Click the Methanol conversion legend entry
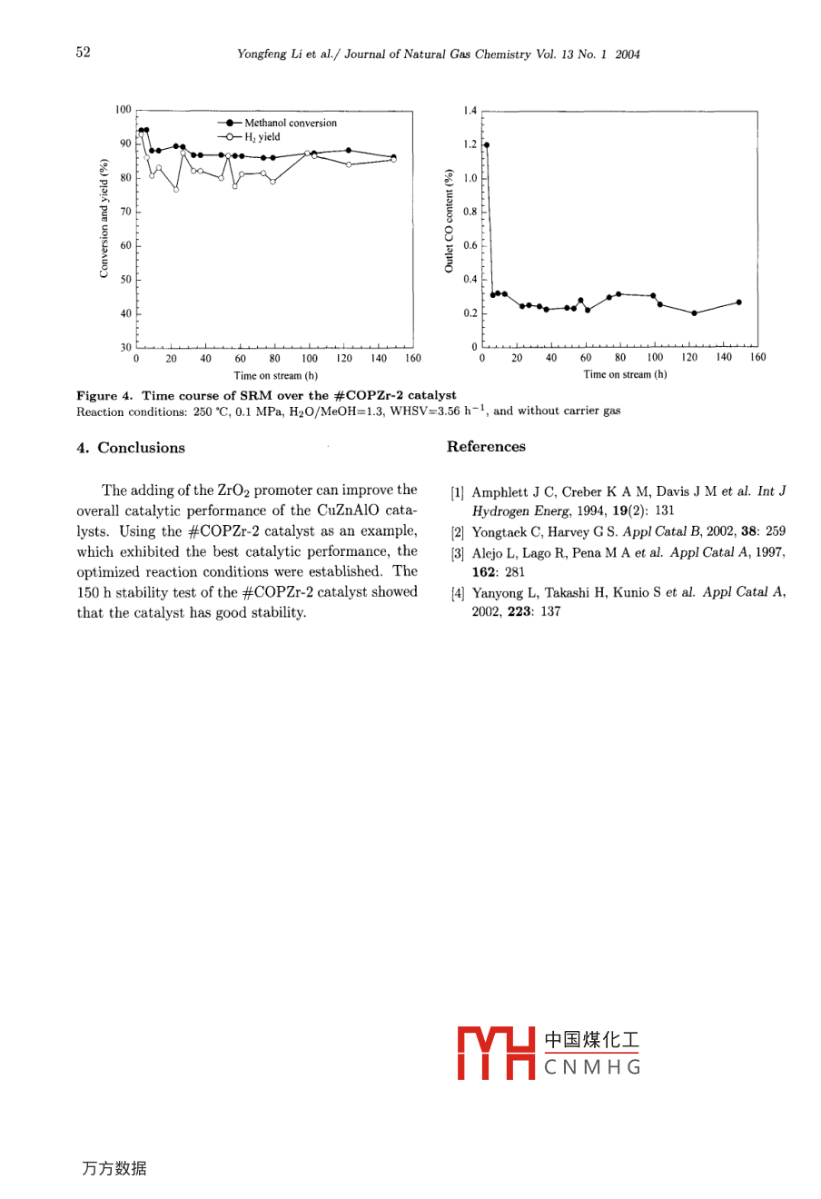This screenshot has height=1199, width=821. pyautogui.click(x=290, y=123)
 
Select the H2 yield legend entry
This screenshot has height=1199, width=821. pyautogui.click(x=262, y=137)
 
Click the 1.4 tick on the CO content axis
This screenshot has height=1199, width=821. pyautogui.click(x=470, y=110)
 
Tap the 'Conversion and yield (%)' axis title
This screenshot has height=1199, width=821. pyautogui.click(x=104, y=218)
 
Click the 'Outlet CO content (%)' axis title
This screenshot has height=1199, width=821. pyautogui.click(x=449, y=221)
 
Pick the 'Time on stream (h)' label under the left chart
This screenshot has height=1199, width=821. pyautogui.click(x=275, y=375)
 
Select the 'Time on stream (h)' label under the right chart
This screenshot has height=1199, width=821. pyautogui.click(x=625, y=374)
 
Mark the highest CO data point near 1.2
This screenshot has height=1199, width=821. pyautogui.click(x=487, y=144)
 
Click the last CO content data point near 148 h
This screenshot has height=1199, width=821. pyautogui.click(x=739, y=302)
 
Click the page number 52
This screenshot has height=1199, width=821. pyautogui.click(x=84, y=53)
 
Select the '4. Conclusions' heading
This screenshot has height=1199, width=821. pyautogui.click(x=131, y=448)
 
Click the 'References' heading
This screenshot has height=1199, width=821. pyautogui.click(x=486, y=447)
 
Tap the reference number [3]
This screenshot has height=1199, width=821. pyautogui.click(x=458, y=553)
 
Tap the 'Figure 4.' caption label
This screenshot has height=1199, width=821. pyautogui.click(x=104, y=395)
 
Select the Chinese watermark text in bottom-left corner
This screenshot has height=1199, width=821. pyautogui.click(x=114, y=1169)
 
